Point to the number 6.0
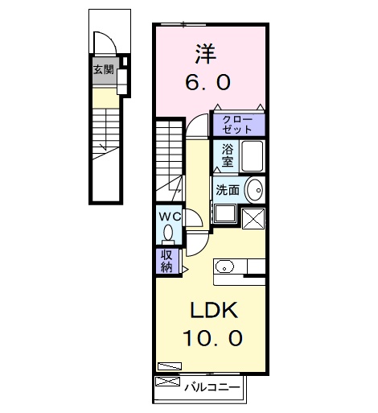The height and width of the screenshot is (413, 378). click(211, 81)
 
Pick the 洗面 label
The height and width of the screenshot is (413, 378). click(228, 190)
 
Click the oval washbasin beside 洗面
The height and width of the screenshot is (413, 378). click(253, 190)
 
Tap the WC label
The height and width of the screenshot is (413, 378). click(169, 217)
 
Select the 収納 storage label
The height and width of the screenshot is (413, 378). click(166, 261)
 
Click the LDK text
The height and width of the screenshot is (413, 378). click(211, 311)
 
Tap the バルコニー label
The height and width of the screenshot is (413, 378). click(212, 386)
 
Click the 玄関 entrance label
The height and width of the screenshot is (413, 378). click(103, 69)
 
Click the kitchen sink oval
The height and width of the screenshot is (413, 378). click(224, 266)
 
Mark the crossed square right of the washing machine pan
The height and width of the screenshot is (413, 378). click(253, 217)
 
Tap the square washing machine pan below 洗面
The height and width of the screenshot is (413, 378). click(224, 215)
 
